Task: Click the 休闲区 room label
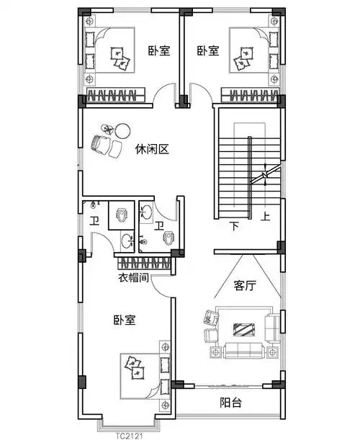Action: [x=151, y=149]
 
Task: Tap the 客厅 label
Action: [x=245, y=285]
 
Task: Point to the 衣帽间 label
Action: [x=133, y=277]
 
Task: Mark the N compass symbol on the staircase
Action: [x=264, y=174]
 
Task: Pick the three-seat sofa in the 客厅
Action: [x=245, y=351]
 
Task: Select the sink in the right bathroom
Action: [x=147, y=211]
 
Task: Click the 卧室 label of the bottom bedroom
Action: [x=125, y=319]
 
